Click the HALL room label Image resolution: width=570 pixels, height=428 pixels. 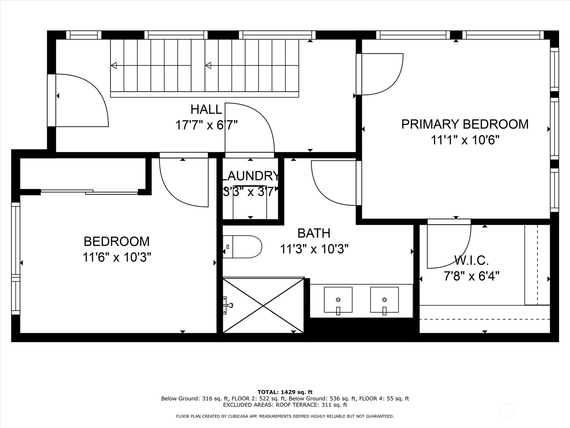[206, 109]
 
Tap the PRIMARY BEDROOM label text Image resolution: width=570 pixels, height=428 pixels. [465, 124]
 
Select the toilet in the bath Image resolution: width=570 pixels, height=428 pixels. [243, 246]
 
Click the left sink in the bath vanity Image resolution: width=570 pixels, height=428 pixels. [338, 300]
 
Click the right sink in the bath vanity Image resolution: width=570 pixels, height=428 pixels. [384, 300]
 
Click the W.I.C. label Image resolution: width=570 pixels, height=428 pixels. [471, 260]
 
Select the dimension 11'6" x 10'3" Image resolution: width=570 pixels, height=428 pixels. [117, 257]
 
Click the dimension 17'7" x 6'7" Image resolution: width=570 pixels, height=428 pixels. [206, 125]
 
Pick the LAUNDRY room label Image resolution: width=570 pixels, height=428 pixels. [250, 176]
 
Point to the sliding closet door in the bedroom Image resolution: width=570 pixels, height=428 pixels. [89, 193]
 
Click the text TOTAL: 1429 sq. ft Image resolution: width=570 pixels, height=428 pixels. [285, 392]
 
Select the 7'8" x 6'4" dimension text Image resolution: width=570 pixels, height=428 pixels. [471, 276]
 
